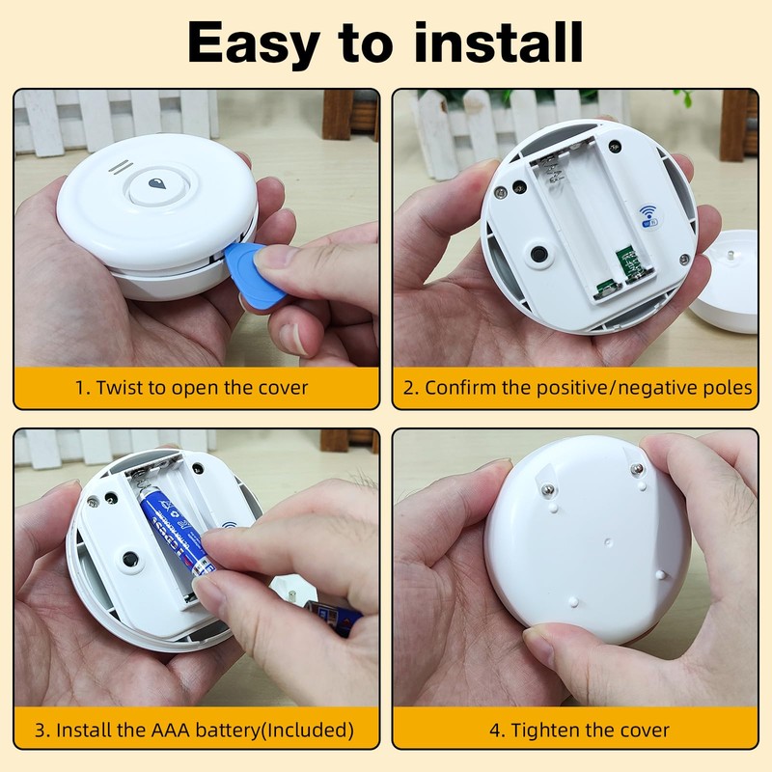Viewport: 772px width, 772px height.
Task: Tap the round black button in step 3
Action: [127, 559]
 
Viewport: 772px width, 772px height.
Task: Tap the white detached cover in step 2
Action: [731, 285]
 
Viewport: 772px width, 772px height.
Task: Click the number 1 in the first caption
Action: [81, 388]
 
